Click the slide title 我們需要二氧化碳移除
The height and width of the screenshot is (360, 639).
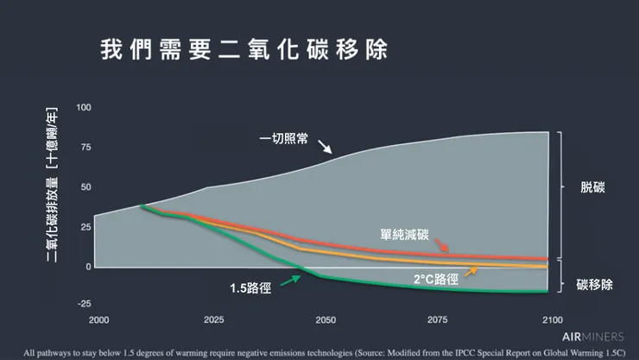245,48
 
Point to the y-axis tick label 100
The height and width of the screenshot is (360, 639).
84,107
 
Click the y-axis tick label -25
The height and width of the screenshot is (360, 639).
83,303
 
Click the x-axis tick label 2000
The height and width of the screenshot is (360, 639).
98,319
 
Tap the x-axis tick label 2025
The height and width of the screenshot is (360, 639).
212,319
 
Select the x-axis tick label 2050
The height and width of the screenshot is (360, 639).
325,319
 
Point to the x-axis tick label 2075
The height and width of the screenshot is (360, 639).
438,319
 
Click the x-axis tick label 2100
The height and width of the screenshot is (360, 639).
550,319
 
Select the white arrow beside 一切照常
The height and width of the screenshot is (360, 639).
325,148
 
